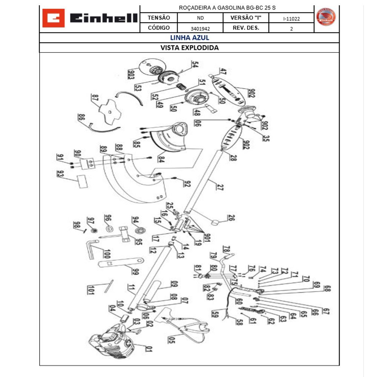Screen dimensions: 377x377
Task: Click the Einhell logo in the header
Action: click(x=90, y=18)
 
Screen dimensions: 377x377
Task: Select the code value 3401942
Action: click(x=200, y=28)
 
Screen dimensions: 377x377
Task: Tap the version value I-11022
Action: click(x=291, y=18)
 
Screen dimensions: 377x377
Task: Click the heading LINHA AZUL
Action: click(x=190, y=38)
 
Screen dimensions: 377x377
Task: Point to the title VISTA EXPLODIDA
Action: click(x=190, y=48)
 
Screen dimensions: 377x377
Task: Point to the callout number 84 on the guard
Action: click(x=161, y=159)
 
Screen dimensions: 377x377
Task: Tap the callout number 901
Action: click(x=207, y=238)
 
